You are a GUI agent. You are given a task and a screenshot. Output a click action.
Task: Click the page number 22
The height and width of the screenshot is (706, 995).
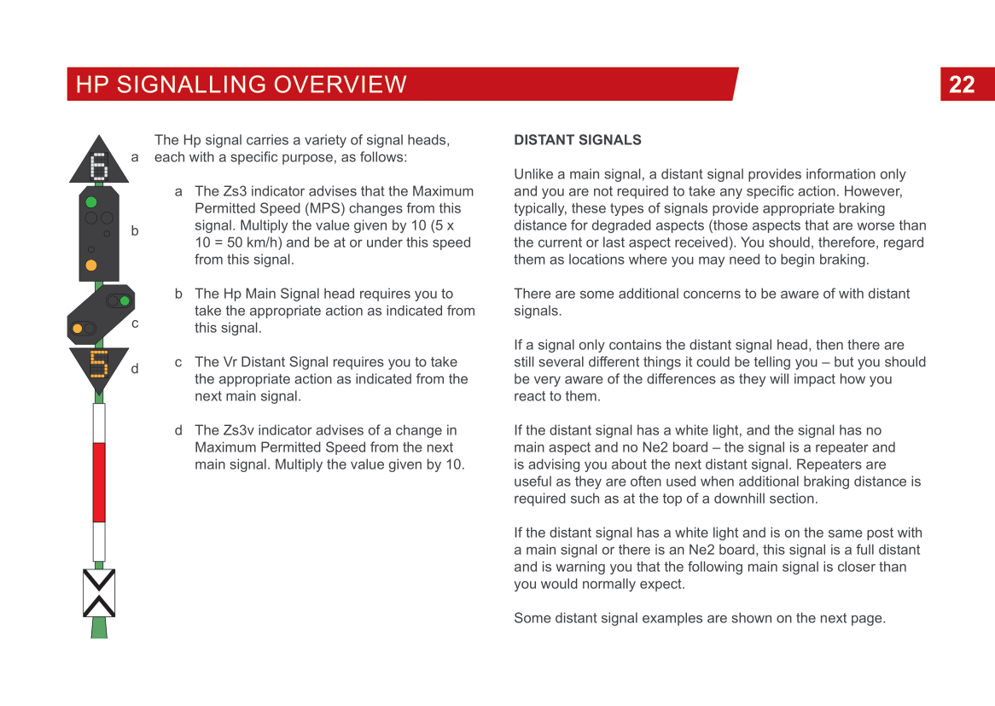(962, 85)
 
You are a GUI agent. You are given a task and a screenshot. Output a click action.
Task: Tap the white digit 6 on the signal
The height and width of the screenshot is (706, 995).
(99, 164)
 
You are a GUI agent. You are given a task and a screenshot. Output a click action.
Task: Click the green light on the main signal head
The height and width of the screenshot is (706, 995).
(91, 202)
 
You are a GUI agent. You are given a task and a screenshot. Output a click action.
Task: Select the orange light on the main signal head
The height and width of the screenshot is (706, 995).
(91, 265)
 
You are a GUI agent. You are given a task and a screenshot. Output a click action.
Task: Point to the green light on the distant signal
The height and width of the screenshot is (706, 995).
(125, 300)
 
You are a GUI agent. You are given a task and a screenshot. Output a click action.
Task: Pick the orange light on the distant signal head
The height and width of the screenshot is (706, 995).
(79, 329)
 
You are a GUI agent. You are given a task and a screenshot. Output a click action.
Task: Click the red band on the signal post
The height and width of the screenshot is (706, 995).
(99, 481)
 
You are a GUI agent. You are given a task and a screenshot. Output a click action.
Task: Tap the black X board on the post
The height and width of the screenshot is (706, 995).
(99, 592)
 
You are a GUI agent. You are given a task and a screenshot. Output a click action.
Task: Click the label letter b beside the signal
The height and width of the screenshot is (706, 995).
(135, 231)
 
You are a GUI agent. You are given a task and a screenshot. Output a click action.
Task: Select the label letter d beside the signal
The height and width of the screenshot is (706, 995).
(135, 369)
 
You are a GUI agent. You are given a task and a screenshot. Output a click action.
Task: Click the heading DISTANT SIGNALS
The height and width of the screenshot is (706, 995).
(577, 140)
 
